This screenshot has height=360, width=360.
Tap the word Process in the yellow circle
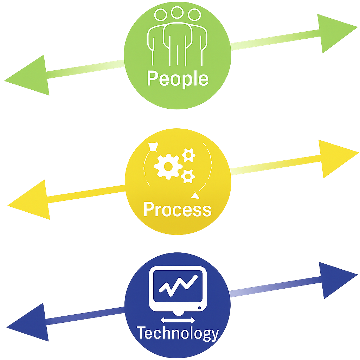coord(178,210)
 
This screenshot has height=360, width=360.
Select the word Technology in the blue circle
coord(178,333)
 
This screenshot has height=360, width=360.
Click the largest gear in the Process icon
coord(168,166)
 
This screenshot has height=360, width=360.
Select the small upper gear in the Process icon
coord(189,155)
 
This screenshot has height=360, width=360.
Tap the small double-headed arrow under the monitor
coord(178,320)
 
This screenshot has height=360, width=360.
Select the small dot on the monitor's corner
coord(200,308)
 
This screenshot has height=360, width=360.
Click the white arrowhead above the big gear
coord(153,146)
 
